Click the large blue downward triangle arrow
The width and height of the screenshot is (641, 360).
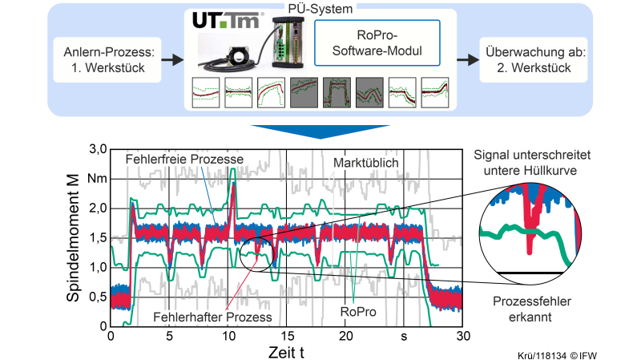[x=320, y=131]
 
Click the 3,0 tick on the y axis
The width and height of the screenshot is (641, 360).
[x=98, y=149]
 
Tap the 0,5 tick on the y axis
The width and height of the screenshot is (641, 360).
[x=98, y=297]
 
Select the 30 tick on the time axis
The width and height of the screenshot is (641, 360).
[x=462, y=337]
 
